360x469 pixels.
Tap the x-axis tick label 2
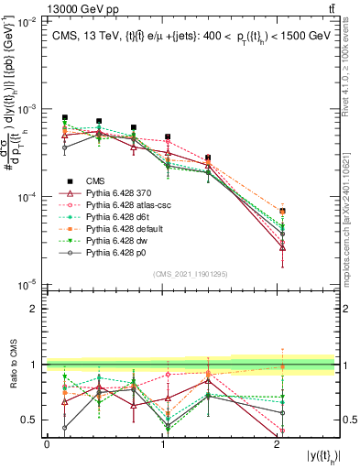click(278, 443)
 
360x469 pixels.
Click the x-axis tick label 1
click(162, 443)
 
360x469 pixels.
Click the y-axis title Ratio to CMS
click(14, 365)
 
